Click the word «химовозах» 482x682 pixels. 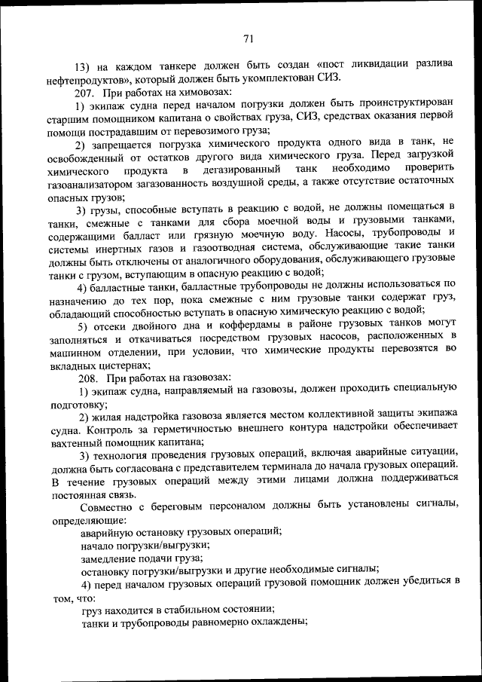click(x=198, y=92)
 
